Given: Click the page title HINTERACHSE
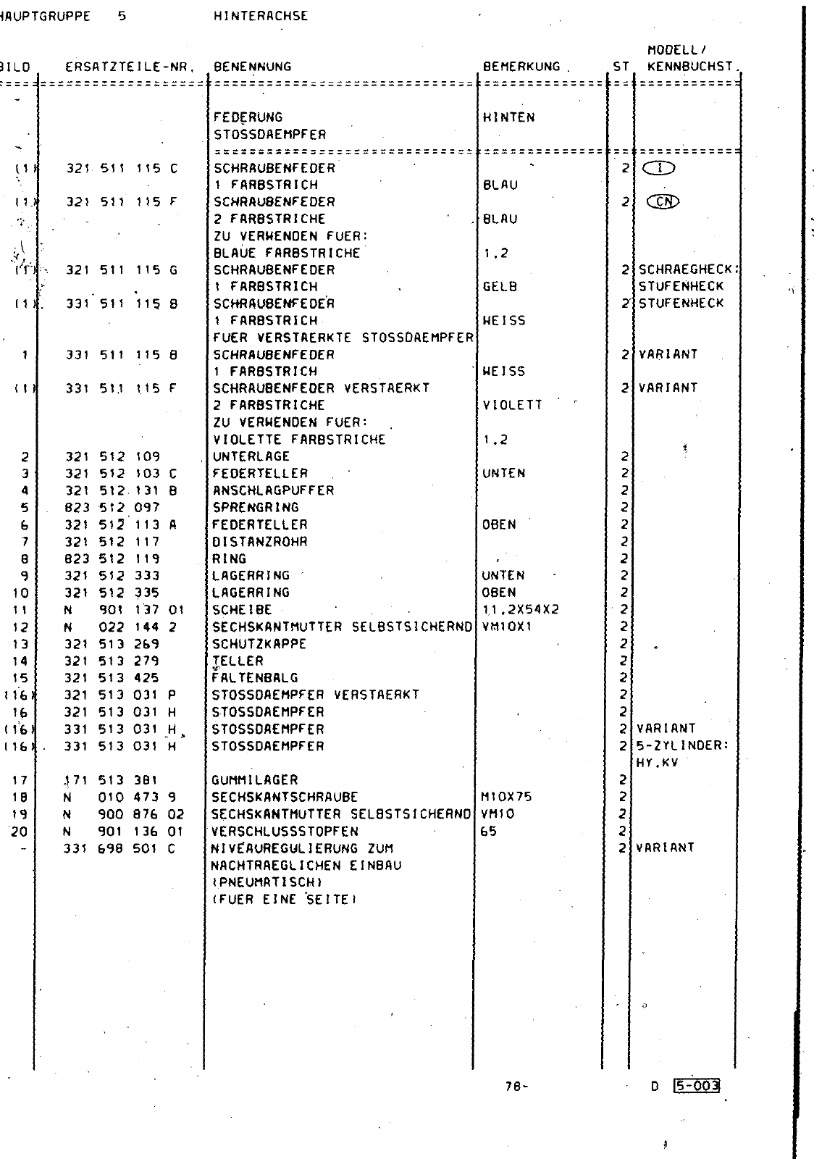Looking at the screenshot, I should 261,16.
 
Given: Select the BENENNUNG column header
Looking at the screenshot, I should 252,67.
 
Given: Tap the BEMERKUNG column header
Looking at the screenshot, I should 521,67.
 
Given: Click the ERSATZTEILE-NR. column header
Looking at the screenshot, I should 131,67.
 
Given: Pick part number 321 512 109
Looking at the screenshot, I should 113,456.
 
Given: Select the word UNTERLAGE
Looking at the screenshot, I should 251,456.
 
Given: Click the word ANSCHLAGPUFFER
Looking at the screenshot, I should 273,490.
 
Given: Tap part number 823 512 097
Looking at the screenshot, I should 113,507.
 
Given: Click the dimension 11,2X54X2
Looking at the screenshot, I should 520,610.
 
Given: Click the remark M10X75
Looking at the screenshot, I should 507,797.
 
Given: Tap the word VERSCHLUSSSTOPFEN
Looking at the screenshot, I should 285,832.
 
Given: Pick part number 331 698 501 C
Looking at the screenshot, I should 120,848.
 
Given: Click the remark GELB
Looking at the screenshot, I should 500,287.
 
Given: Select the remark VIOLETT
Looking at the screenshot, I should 512,406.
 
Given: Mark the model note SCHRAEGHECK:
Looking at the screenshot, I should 688,270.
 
